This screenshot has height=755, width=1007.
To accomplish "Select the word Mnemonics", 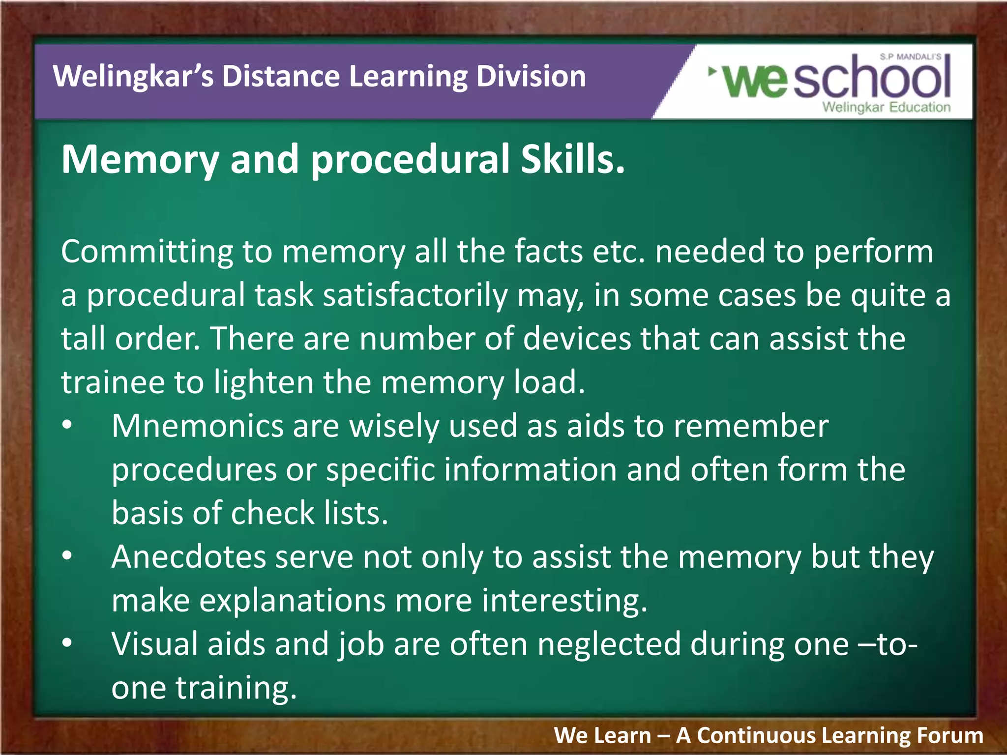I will point(197,426).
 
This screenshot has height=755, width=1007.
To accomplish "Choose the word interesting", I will point(564,601).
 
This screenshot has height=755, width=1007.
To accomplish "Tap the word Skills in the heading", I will point(573,160).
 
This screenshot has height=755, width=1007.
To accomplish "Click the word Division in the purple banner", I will point(531,77).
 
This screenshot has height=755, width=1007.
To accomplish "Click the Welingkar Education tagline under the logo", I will point(886,107).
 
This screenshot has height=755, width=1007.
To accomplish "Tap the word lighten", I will point(264,382).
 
